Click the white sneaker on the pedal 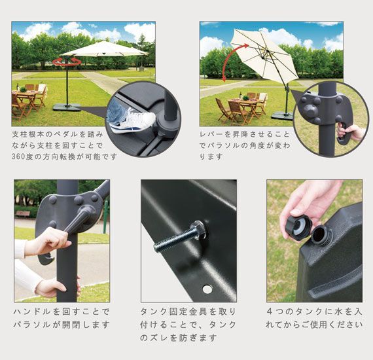tap(132, 120)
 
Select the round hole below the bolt tap(207, 289)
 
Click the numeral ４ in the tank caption tap(270, 312)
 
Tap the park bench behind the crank tap(22, 214)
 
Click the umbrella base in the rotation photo tap(67, 107)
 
